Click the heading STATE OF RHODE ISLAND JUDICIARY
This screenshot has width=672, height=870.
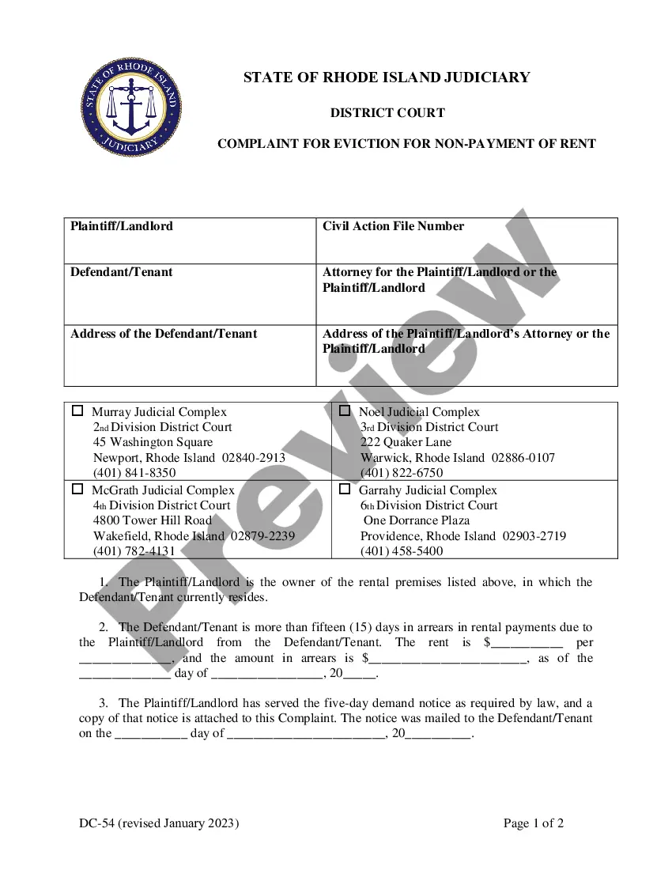coord(387,78)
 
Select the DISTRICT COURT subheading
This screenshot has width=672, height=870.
coord(387,113)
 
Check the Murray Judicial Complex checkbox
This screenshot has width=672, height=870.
coord(77,411)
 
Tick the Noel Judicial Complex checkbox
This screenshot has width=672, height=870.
coord(345,411)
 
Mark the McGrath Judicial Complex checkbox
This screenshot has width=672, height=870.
coord(77,490)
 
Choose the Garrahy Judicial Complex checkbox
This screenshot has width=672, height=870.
coord(345,490)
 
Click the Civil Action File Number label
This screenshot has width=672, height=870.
coord(393,226)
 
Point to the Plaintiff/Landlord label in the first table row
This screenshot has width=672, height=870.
coord(121,226)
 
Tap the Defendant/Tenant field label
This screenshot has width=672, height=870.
coord(121,272)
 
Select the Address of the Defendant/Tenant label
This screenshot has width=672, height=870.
coord(164,334)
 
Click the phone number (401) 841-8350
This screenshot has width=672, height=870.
coord(134,473)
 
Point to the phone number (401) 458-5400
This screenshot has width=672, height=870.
coord(402,551)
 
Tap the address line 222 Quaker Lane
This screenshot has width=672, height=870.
coord(406,442)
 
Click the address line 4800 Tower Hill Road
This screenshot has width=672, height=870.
coord(153,520)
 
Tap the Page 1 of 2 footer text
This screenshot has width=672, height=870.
coord(534,823)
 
